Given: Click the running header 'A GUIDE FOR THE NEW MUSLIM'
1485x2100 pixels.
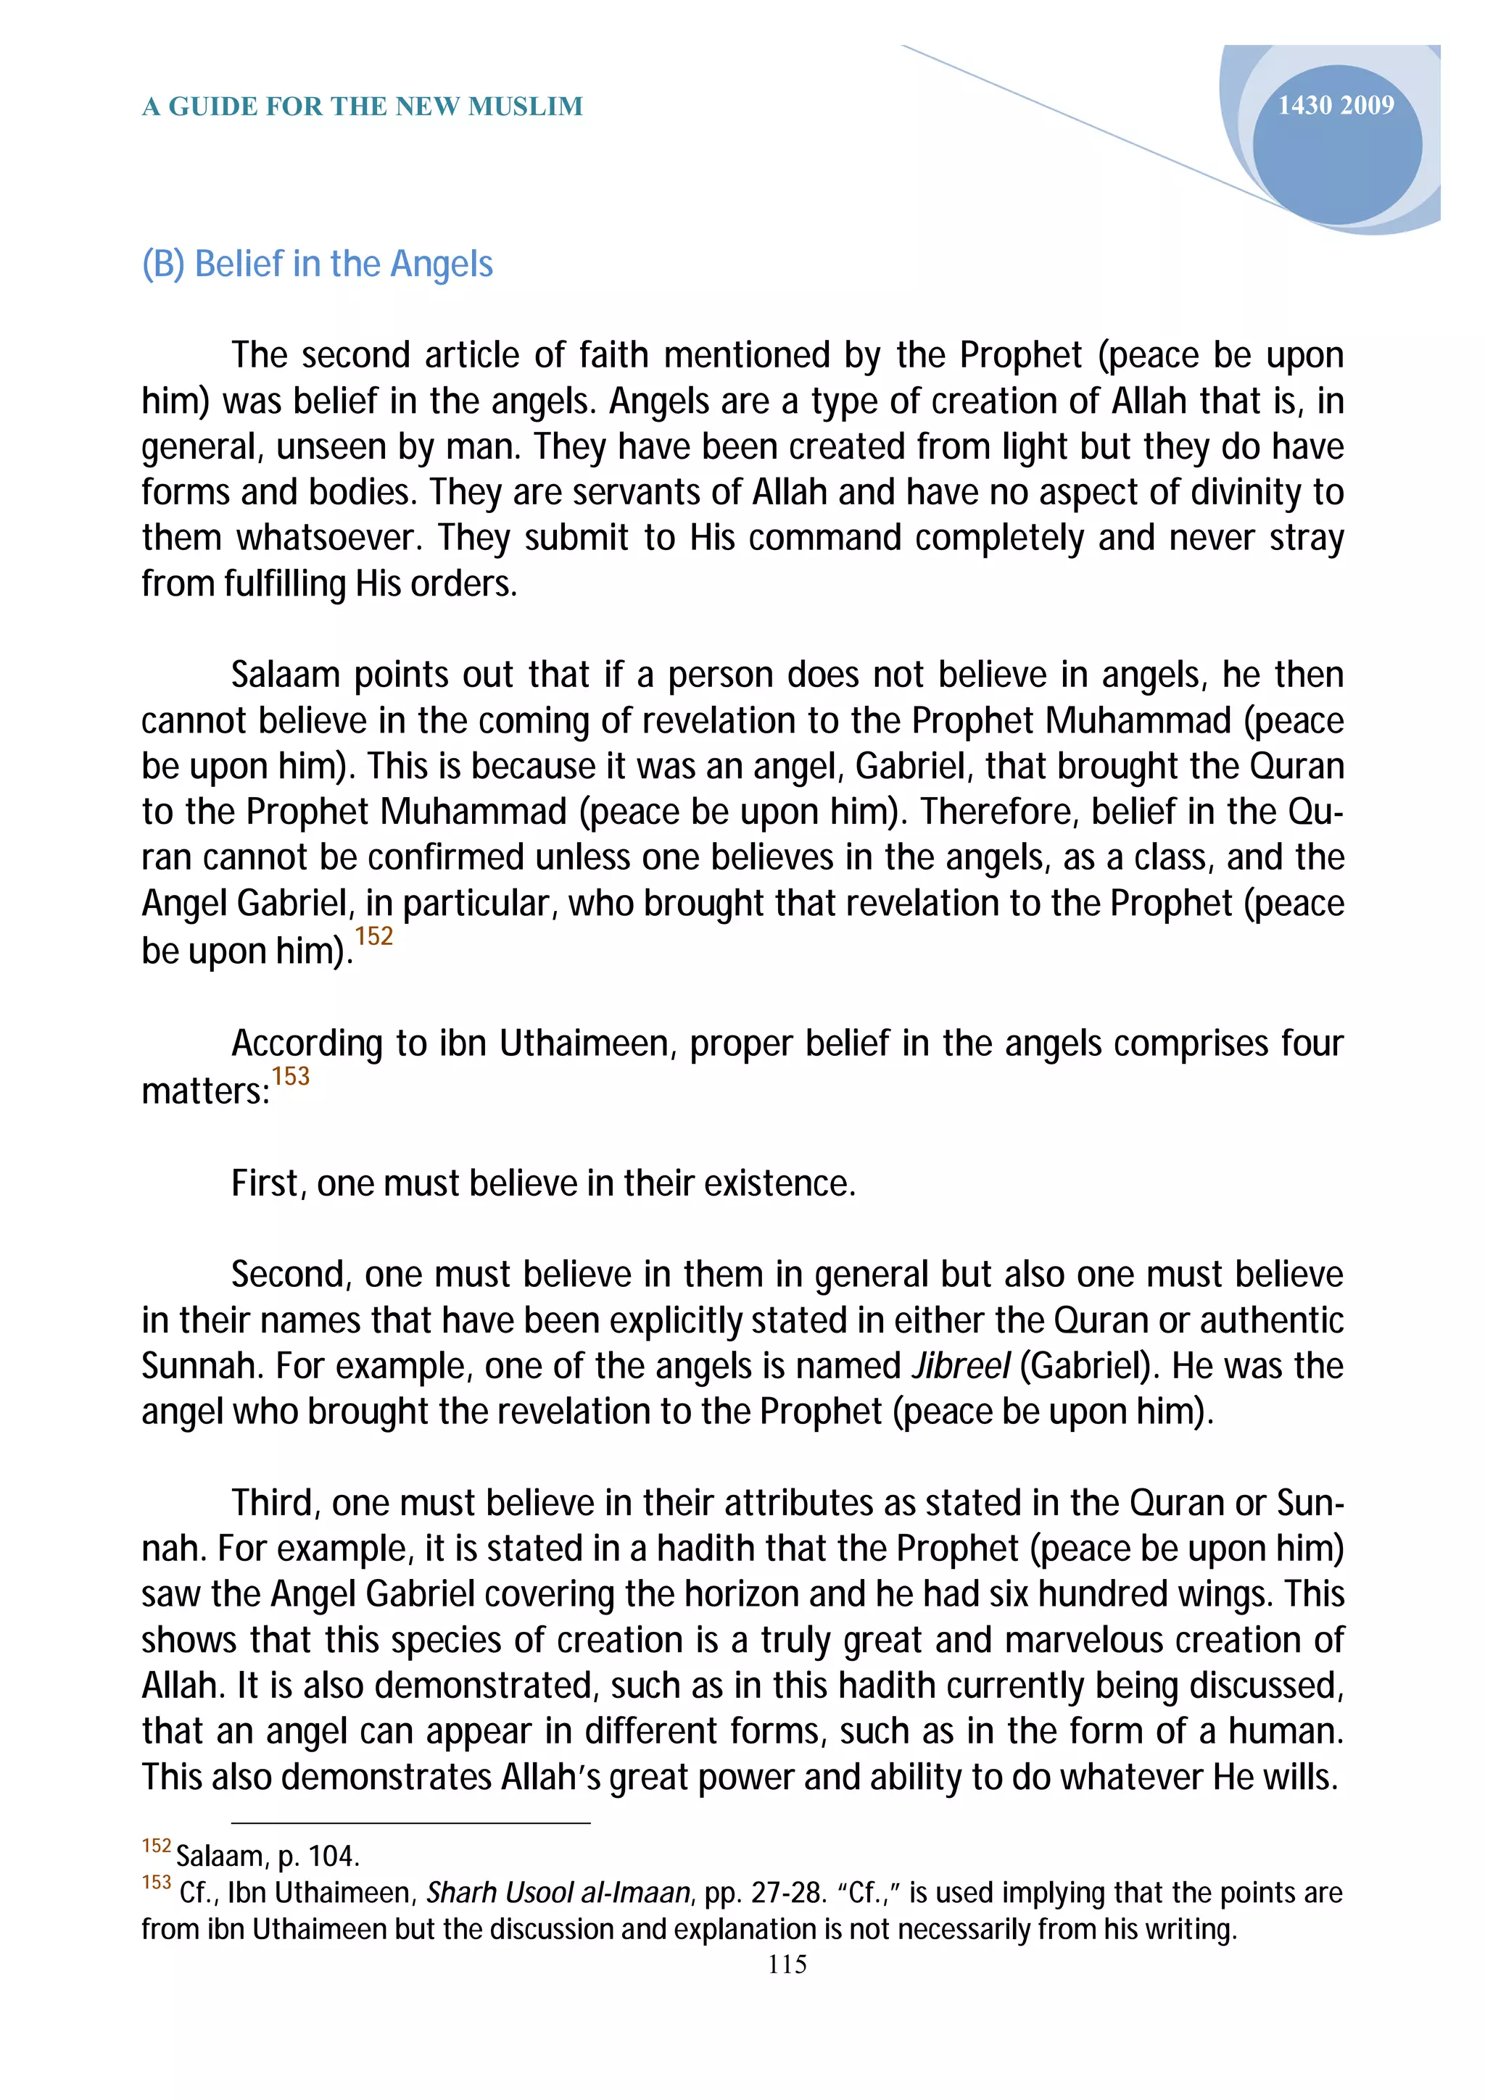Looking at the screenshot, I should click(x=363, y=107).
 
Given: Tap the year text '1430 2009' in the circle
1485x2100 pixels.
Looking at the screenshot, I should click(x=1335, y=106).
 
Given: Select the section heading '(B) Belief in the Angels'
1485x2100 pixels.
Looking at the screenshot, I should click(x=317, y=264).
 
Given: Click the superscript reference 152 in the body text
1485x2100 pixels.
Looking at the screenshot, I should click(x=373, y=936).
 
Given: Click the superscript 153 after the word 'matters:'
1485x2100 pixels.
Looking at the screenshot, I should click(x=290, y=1075).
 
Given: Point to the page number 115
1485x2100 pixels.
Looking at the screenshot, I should click(x=787, y=1964).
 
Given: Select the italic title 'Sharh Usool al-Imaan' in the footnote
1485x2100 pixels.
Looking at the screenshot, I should click(x=558, y=1891).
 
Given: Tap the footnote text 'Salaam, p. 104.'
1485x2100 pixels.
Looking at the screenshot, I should click(x=267, y=1856).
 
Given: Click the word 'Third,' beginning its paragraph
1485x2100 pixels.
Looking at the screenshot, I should click(x=276, y=1504).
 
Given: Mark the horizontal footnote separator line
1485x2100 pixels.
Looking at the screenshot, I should click(x=411, y=1823).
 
